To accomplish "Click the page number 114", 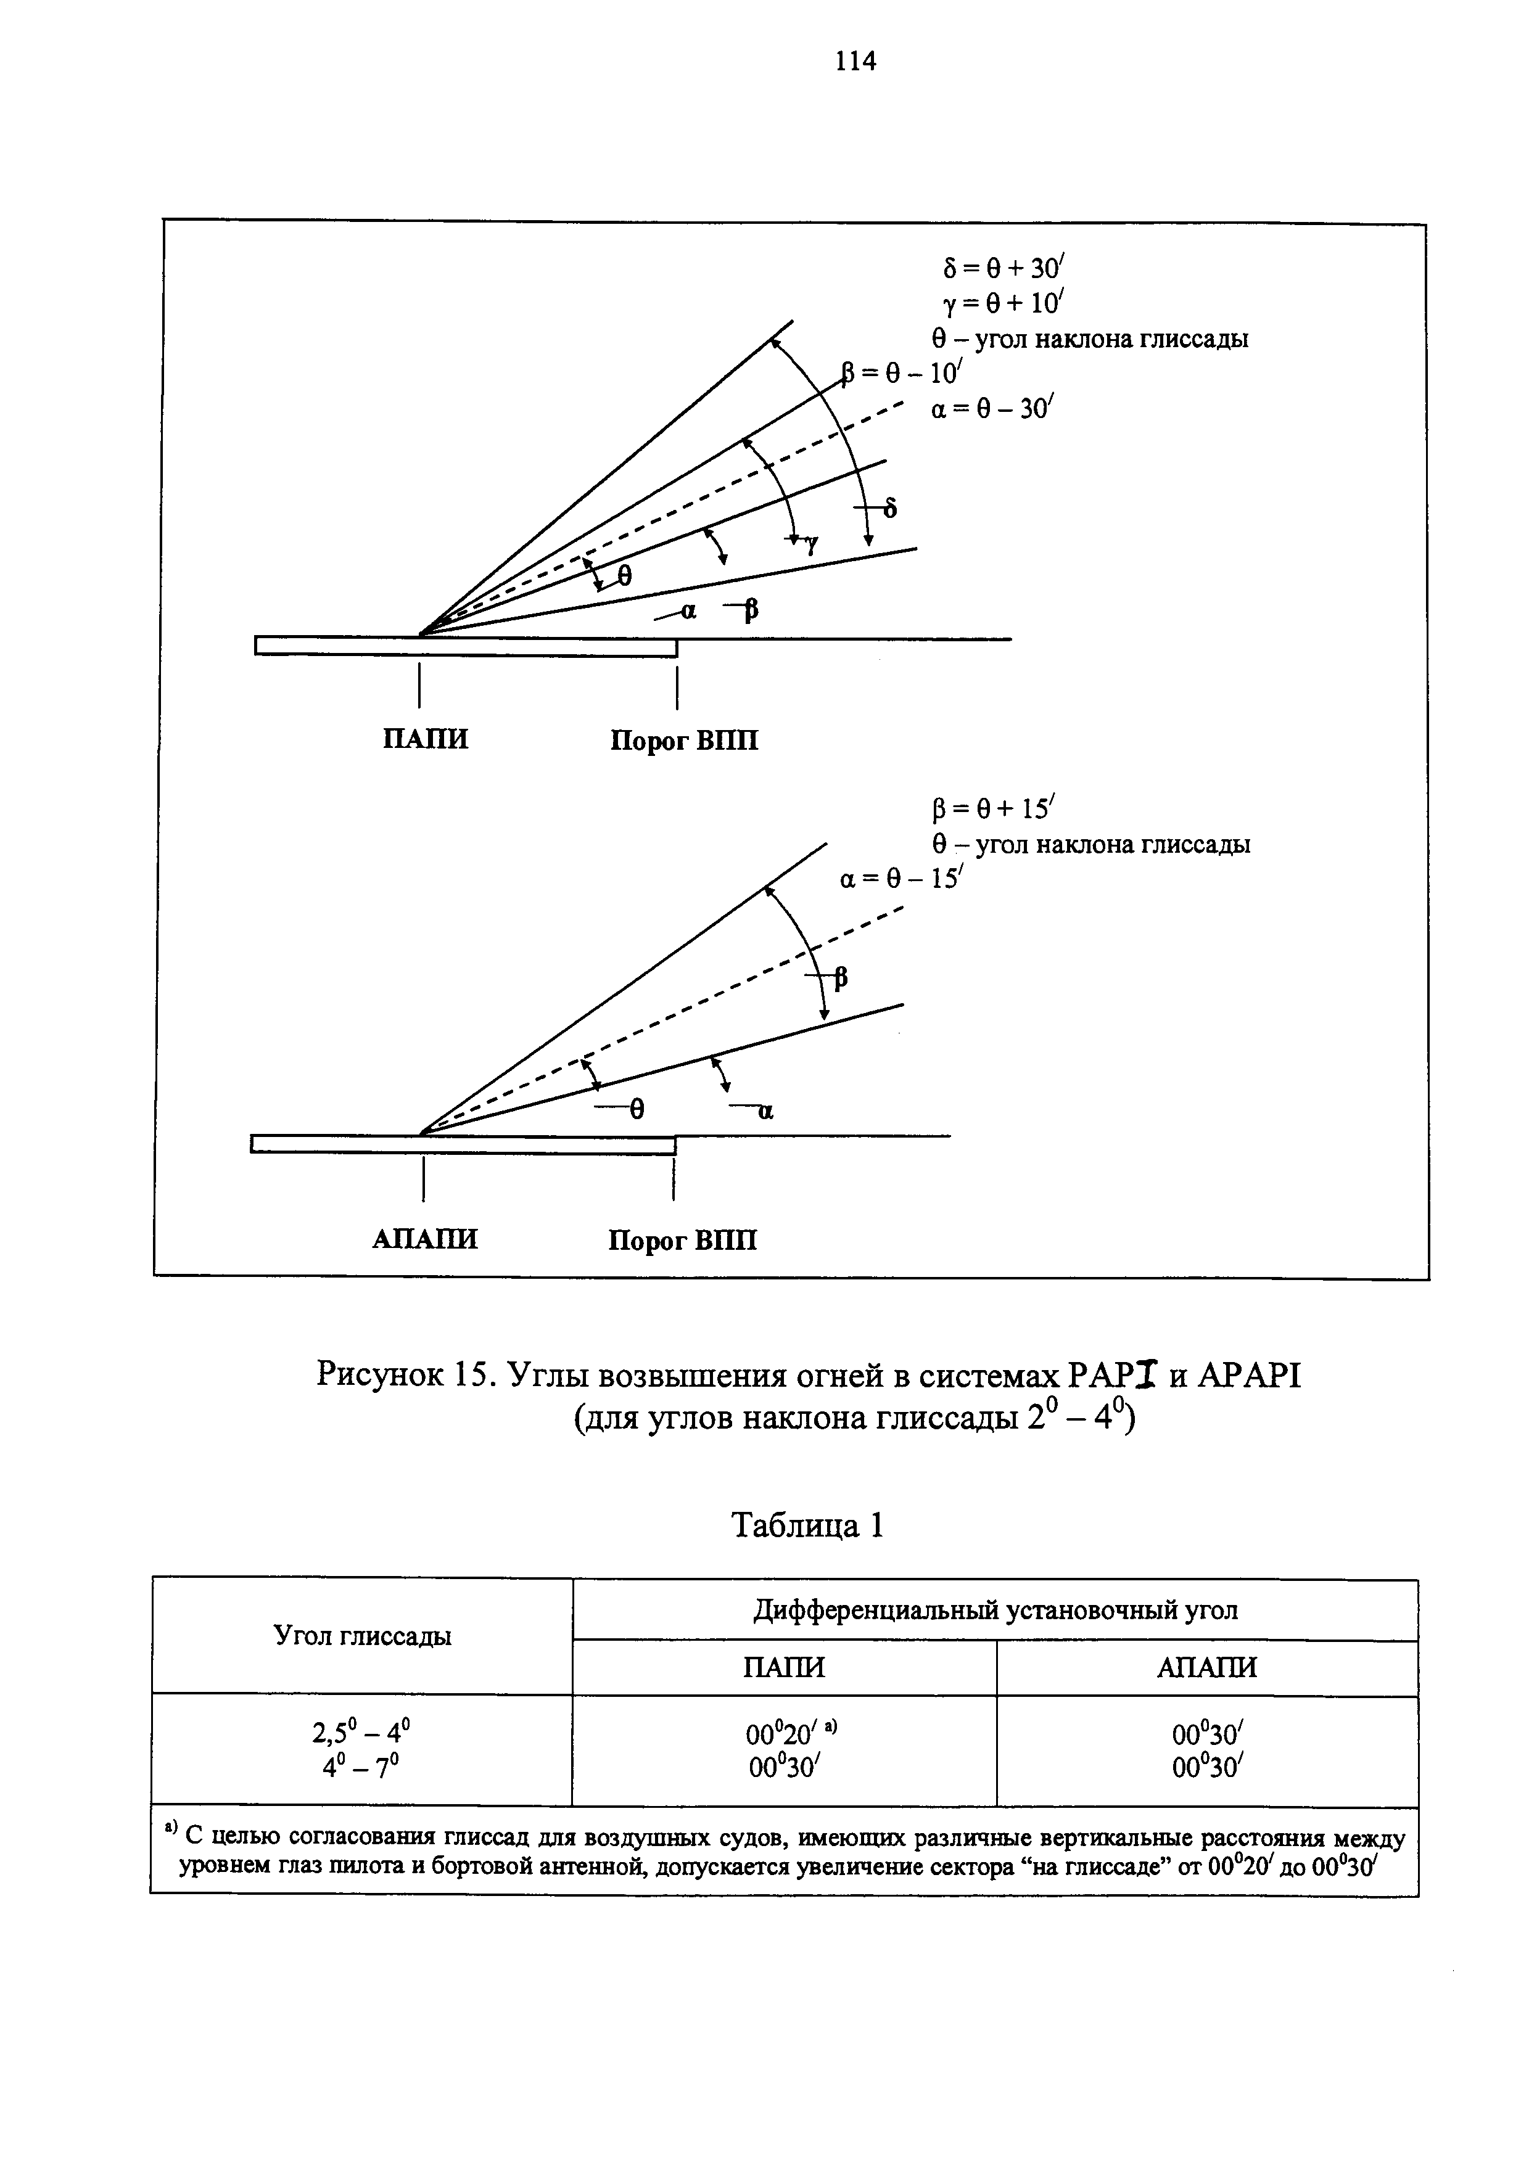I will point(855,61).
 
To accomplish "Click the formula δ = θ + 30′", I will point(1002,268).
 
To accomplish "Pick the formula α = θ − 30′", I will point(992,409).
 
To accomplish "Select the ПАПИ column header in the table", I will point(784,1667).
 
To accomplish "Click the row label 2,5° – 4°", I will point(362,1731).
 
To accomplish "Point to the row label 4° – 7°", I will point(362,1765).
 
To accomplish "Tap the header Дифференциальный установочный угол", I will point(995,1610).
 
